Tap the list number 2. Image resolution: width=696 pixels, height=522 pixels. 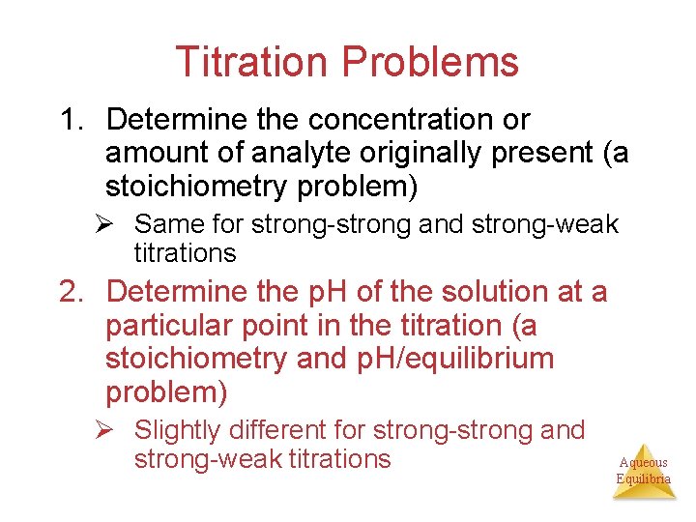click(x=72, y=291)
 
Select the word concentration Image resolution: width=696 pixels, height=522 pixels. click(x=398, y=120)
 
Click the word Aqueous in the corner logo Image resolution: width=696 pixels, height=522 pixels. click(x=644, y=463)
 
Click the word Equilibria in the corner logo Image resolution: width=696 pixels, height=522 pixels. click(x=644, y=479)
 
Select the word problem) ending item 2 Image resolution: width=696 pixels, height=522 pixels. click(x=165, y=392)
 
